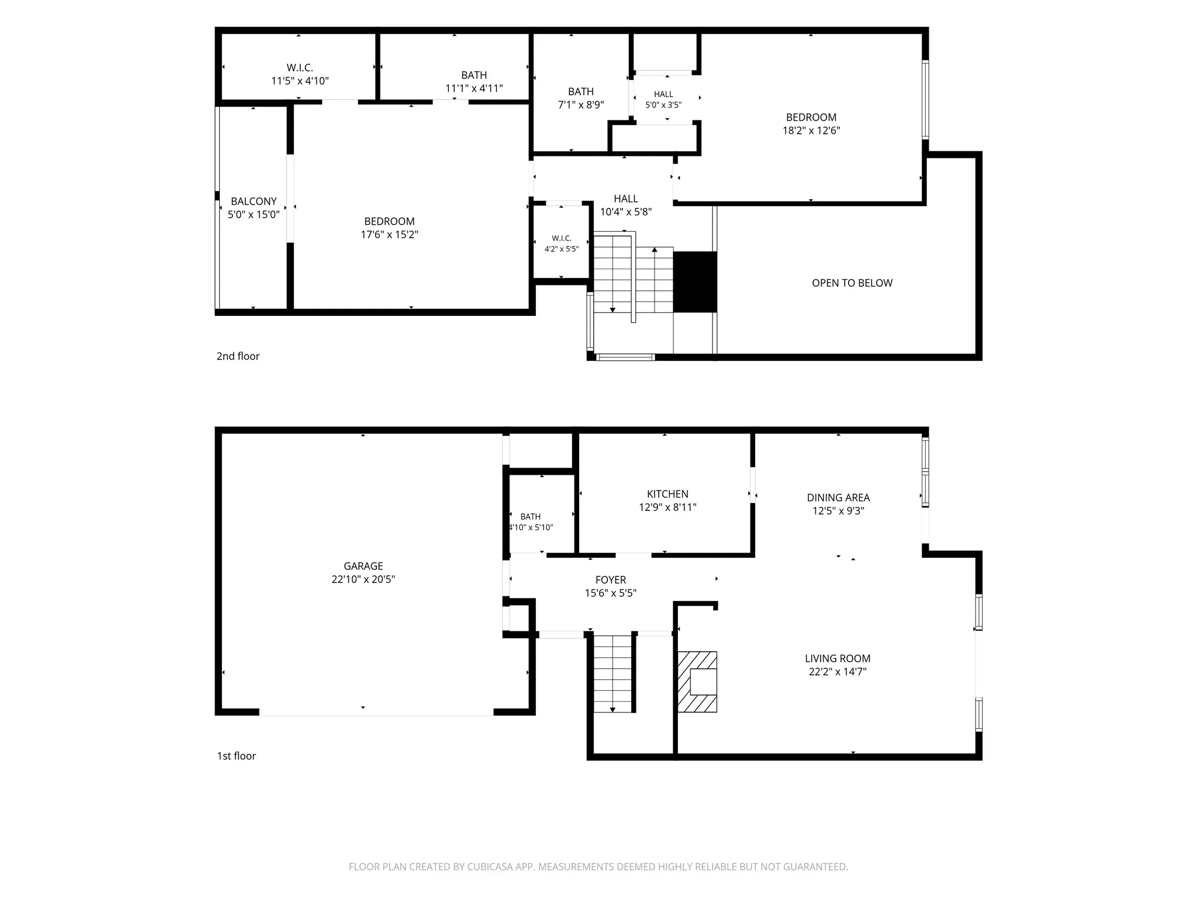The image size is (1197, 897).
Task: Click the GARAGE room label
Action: tap(363, 566)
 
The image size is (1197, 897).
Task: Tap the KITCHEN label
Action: tap(667, 494)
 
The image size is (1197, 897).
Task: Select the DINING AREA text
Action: tap(838, 498)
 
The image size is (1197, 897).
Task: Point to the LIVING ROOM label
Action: tap(838, 658)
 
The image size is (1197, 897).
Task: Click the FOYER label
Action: tap(611, 580)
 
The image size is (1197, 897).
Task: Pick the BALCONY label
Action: tap(254, 201)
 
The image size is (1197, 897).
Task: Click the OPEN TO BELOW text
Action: tap(852, 283)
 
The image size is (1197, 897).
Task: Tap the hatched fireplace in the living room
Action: tap(697, 682)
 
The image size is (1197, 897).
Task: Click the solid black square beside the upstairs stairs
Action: tap(695, 282)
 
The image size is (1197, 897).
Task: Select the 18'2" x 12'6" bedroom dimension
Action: tap(811, 131)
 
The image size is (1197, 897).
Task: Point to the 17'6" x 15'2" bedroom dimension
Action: tap(389, 235)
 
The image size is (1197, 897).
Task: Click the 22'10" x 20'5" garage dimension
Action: tap(363, 579)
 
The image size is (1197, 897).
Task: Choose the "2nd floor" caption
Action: tap(238, 356)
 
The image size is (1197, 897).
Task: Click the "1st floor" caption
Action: tap(236, 756)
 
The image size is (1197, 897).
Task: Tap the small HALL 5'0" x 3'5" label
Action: tap(663, 99)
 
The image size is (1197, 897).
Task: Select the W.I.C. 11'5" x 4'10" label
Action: tap(300, 74)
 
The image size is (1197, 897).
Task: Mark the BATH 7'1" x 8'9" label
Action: tap(581, 98)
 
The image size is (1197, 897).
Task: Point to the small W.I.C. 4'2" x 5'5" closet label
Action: tap(562, 244)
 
